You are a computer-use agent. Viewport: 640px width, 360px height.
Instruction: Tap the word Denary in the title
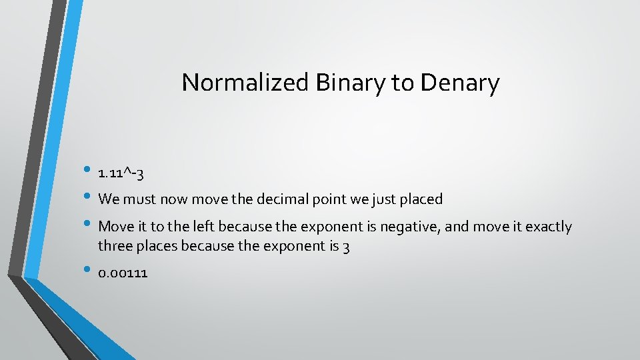tap(460, 83)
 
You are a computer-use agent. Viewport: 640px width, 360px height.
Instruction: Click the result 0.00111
tap(123, 273)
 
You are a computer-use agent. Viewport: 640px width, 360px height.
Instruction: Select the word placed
tap(422, 199)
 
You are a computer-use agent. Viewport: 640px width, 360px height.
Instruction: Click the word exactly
tap(549, 227)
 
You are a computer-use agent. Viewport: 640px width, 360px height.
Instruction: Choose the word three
tap(114, 247)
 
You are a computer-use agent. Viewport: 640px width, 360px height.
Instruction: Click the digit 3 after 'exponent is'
tap(346, 247)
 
